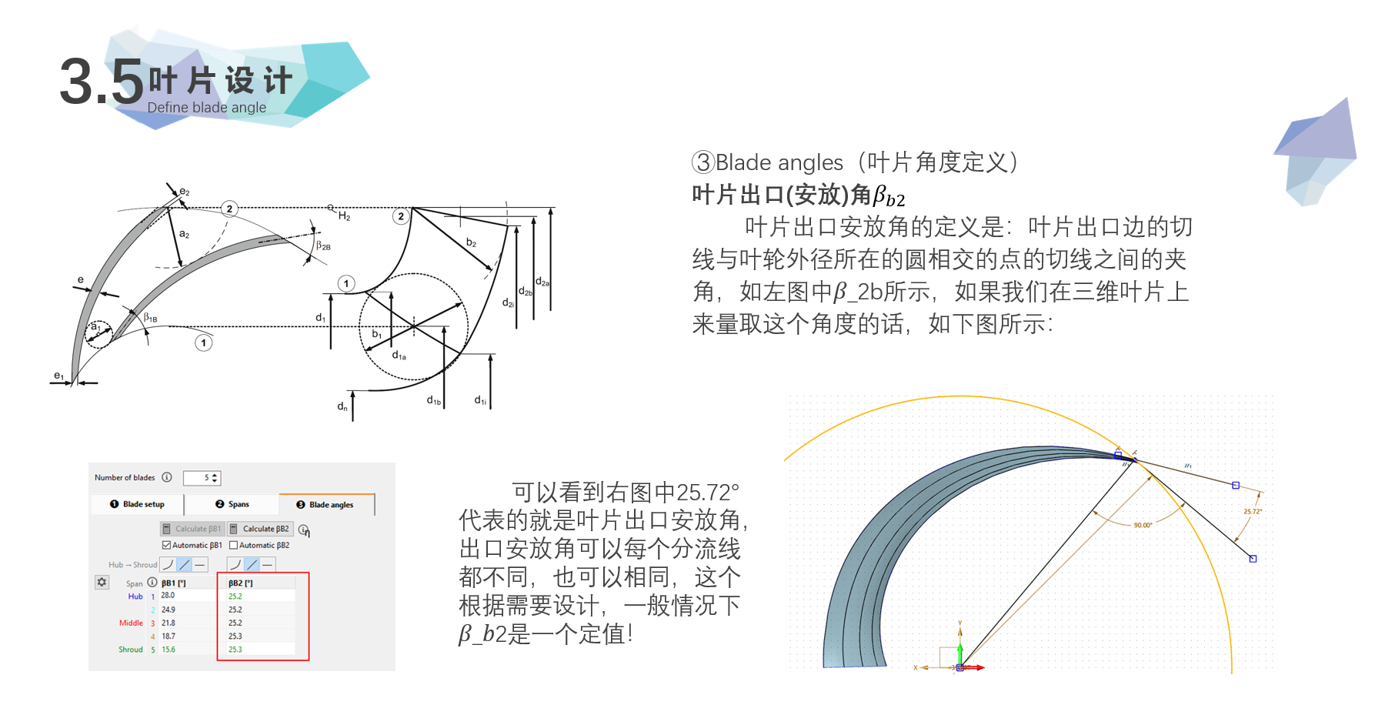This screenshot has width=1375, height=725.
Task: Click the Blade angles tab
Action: pos(327,505)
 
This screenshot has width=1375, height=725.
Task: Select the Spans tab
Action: pos(232,504)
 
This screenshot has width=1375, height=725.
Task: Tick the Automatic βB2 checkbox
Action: pos(234,545)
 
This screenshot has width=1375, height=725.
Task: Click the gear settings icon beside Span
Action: pos(102,582)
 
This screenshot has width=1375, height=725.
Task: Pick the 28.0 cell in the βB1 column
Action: pos(168,596)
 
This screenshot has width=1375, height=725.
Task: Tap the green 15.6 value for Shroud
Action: pos(168,650)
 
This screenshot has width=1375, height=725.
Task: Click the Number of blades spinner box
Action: pos(202,478)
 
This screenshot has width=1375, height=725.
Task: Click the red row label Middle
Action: pos(131,623)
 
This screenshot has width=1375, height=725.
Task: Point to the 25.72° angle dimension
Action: pos(1253,511)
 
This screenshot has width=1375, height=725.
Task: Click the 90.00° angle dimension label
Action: pos(1143,525)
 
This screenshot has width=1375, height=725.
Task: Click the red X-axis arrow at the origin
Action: pos(977,667)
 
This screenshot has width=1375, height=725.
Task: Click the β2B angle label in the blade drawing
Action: pos(323,246)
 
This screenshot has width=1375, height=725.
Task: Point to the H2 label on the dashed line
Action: pos(344,216)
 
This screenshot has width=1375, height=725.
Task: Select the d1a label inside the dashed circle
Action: pos(399,356)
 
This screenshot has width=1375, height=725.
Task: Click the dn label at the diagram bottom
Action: pos(342,406)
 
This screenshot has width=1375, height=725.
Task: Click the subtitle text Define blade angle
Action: pos(206,108)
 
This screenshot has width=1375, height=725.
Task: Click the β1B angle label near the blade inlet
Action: pos(151,317)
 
